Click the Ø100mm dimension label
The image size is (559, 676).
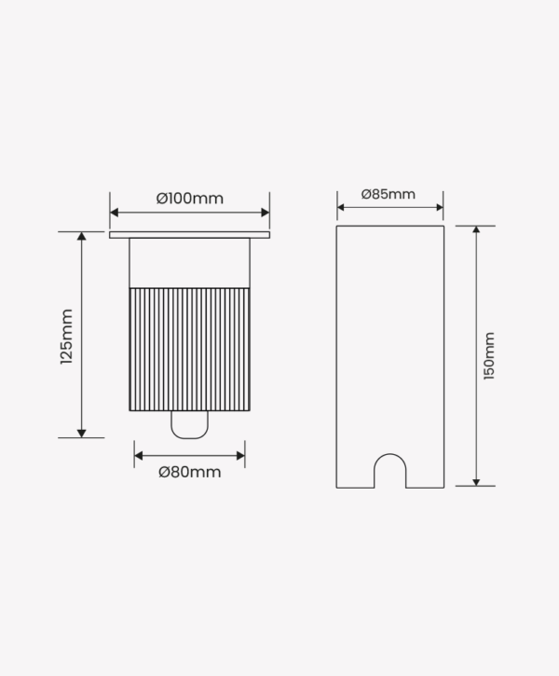(190, 199)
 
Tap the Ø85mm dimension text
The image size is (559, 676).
(389, 194)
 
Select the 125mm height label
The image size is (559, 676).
(67, 337)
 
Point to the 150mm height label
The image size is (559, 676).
(489, 356)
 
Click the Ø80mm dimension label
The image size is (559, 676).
(190, 472)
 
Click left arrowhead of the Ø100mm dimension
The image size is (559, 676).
(114, 213)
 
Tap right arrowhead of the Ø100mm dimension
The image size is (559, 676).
(266, 213)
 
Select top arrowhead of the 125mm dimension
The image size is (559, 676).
(81, 236)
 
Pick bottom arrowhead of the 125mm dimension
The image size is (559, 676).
(81, 434)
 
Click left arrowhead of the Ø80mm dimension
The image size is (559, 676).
(139, 456)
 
